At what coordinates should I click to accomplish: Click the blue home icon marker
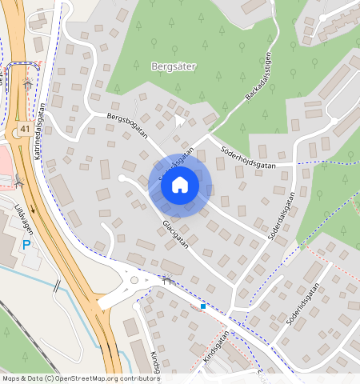coord(180,186)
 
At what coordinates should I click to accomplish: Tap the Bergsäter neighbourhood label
coord(173,67)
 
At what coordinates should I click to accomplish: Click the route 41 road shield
coord(26,129)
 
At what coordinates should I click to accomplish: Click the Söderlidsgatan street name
coord(302,304)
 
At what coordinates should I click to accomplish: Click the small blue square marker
coord(203,306)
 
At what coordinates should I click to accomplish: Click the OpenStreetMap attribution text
coord(80,378)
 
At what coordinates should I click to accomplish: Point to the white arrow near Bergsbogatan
coord(178,120)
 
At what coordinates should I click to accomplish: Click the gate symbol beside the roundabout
coord(167,279)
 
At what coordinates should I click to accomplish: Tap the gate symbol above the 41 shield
coord(28,83)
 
